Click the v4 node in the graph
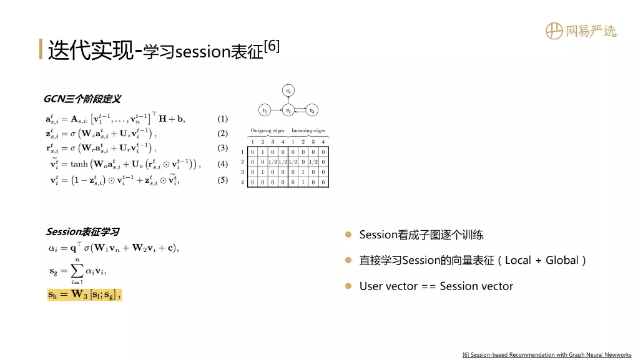coord(288,90)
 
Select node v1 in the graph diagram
coord(265,110)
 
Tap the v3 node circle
coord(312,110)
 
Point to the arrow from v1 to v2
coord(277,110)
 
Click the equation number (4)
coord(223,164)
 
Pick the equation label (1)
coord(223,119)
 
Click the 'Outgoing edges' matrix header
coord(267,130)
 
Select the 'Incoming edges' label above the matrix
coord(308,130)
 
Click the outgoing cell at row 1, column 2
coord(262,152)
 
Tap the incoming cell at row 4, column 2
coord(303,182)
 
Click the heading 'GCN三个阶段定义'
coord(82,99)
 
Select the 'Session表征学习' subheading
coord(82,232)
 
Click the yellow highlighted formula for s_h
coord(84,294)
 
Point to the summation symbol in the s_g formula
coord(77,271)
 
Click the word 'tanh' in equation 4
coord(79,164)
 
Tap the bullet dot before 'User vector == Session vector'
coord(348,286)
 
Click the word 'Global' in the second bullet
coord(562,260)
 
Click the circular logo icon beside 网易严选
coord(554,31)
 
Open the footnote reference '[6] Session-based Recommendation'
coord(547,355)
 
